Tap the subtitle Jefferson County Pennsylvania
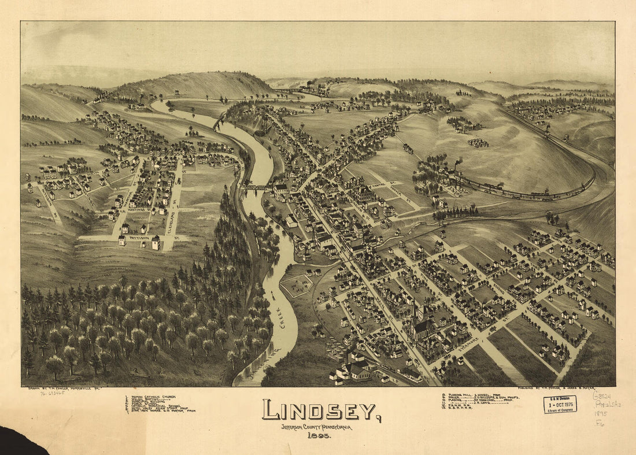316,427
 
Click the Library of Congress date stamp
560,404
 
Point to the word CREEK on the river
283,317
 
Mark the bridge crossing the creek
257,187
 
